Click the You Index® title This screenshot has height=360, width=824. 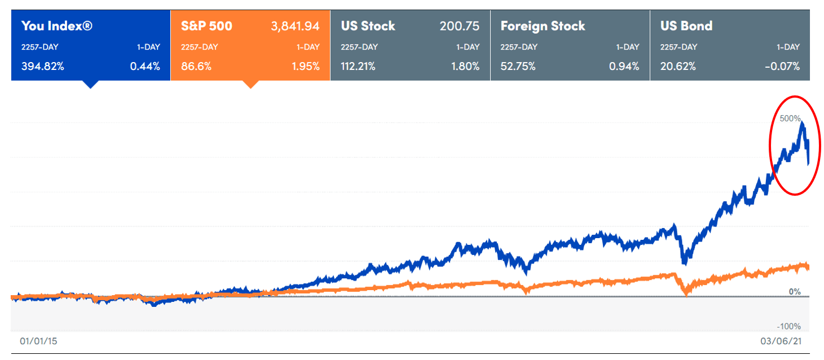[x=56, y=26]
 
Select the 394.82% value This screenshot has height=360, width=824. [x=42, y=66]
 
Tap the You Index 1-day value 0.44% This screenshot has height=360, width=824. [x=145, y=66]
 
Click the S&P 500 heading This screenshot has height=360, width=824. [x=206, y=26]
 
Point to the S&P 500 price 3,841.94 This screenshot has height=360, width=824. [x=295, y=26]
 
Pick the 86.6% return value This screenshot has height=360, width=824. [x=196, y=66]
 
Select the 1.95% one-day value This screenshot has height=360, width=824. [x=305, y=66]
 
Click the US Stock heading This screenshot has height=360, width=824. [x=368, y=26]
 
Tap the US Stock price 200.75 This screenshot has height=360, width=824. [x=459, y=26]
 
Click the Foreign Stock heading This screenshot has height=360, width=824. [x=543, y=26]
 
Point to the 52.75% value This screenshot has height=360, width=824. [x=518, y=66]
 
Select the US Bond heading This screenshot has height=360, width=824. [x=686, y=26]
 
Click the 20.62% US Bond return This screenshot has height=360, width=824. [x=677, y=66]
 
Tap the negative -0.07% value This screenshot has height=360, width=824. [x=782, y=66]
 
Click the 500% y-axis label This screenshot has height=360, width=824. [x=790, y=118]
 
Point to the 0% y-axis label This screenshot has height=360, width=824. [x=795, y=292]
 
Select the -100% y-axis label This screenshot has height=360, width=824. [x=789, y=327]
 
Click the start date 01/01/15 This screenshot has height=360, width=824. [x=38, y=341]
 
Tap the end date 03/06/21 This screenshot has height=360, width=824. [x=781, y=341]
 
